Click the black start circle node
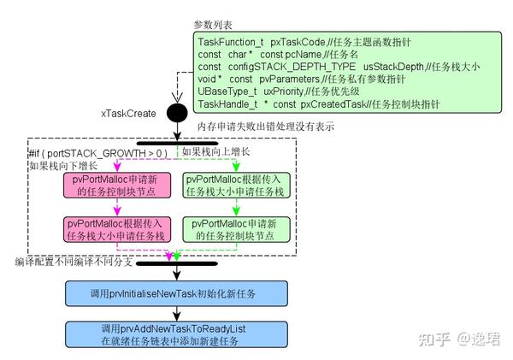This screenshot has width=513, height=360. [x=176, y=112]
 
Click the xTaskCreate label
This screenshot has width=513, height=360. [x=128, y=113]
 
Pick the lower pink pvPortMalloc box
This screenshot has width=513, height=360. [x=119, y=229]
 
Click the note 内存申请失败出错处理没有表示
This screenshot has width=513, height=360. [x=264, y=127]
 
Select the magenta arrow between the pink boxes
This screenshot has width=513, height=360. [x=119, y=209]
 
